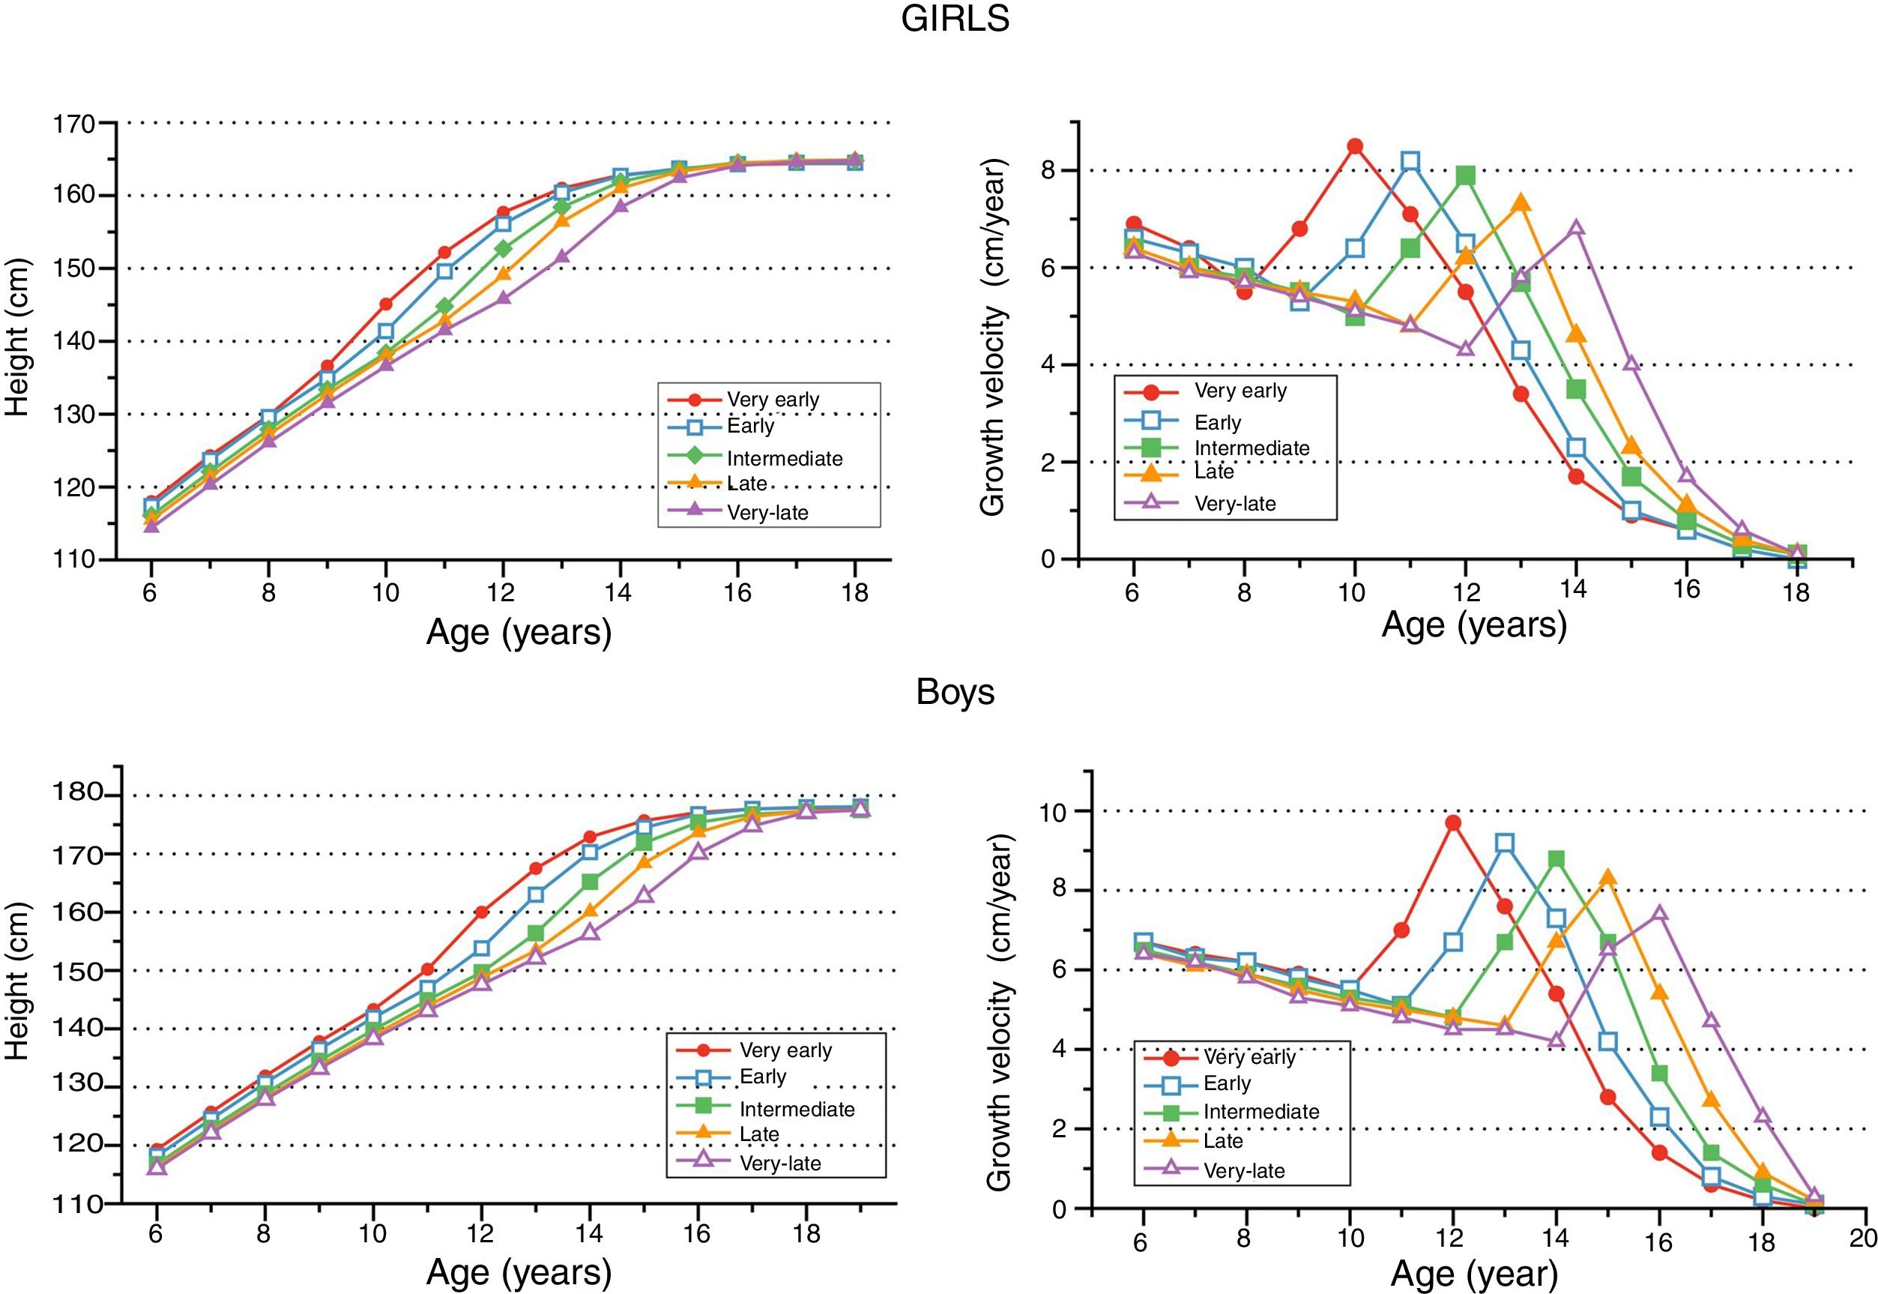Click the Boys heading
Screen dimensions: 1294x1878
tap(955, 691)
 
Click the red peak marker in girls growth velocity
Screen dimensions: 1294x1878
tap(1354, 146)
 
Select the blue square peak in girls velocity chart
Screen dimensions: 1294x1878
tap(1410, 160)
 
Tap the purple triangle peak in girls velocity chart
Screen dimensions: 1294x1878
tap(1576, 228)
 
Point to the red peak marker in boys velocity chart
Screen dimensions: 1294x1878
tap(1452, 823)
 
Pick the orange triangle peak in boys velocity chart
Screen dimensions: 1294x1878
tap(1608, 877)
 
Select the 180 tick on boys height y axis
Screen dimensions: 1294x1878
tap(78, 794)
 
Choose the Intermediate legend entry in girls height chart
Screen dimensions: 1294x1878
tap(784, 459)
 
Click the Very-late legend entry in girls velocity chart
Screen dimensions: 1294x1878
tap(1234, 504)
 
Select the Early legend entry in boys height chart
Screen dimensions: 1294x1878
tap(762, 1077)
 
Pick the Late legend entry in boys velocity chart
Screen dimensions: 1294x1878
tap(1222, 1142)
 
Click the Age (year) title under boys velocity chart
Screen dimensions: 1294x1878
tap(1473, 1275)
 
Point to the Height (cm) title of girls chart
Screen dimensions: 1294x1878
tap(18, 337)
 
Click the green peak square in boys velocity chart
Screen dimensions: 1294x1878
tap(1557, 859)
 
